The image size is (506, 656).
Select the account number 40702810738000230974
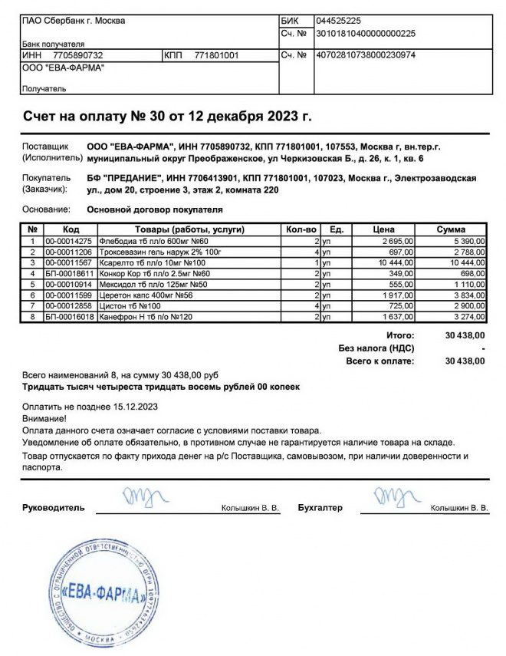[366, 55]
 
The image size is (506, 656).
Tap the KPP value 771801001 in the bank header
[217, 55]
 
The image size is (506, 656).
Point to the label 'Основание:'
[45, 209]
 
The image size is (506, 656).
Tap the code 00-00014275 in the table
[68, 241]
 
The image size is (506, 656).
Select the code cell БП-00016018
[69, 316]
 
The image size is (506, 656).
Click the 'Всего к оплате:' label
[380, 360]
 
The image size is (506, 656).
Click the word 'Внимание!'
[44, 419]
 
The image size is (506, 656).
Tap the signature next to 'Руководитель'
[140, 499]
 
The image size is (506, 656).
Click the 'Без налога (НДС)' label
[376, 348]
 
